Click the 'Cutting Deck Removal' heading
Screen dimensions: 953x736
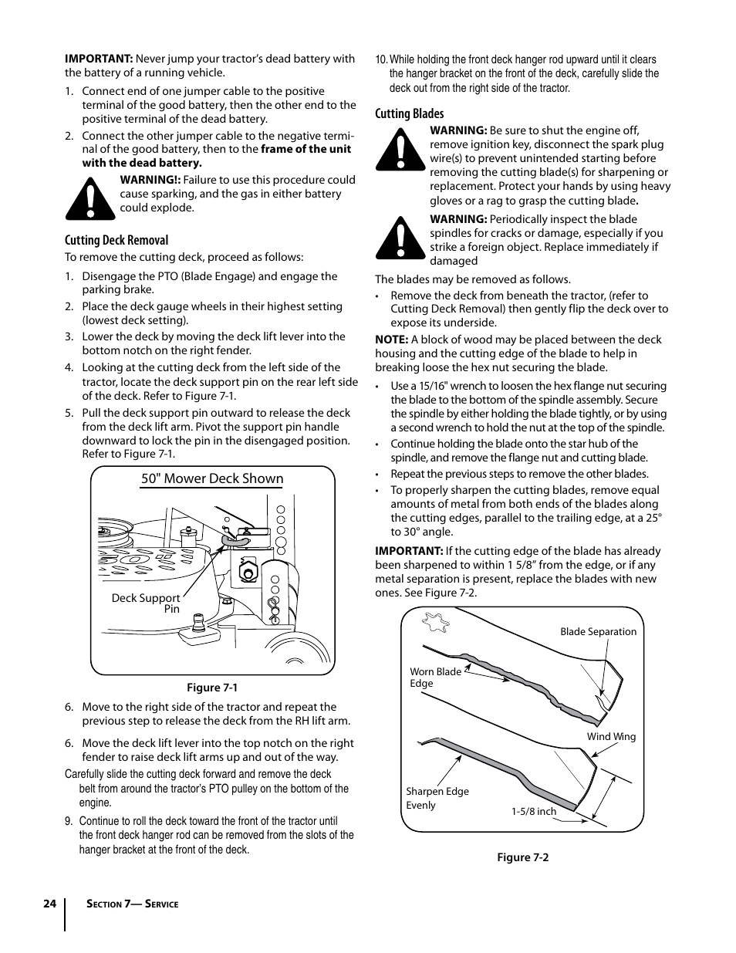(x=116, y=240)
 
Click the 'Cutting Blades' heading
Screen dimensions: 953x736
(x=410, y=113)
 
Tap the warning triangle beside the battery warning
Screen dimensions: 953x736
(x=90, y=198)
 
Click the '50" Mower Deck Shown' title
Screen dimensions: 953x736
(x=212, y=478)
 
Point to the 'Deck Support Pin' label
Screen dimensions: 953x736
(x=147, y=603)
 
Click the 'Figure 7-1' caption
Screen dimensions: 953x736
(x=212, y=688)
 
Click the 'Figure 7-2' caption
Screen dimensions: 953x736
(x=522, y=857)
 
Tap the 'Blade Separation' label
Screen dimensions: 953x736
(x=598, y=631)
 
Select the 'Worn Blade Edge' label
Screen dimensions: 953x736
(x=435, y=678)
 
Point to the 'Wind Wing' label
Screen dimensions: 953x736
(x=611, y=736)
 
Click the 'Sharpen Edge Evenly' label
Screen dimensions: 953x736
(x=437, y=798)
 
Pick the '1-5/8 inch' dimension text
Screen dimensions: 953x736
(x=533, y=811)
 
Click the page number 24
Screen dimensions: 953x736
(x=49, y=904)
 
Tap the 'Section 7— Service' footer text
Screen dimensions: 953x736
(x=132, y=904)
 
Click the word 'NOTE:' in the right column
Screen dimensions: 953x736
(x=391, y=340)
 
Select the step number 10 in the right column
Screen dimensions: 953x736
(x=380, y=59)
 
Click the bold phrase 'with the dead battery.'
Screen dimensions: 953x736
(x=142, y=163)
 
